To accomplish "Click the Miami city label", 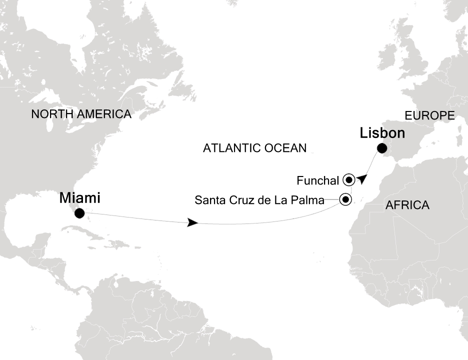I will pos(80,198).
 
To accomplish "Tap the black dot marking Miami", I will pos(79,214).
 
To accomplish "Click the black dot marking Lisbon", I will pos(382,148).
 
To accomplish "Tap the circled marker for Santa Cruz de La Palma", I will pos(345,200).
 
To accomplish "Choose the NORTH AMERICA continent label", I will pos(81,114).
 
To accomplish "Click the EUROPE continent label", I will pos(429,116).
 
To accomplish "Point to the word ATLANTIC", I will pos(231,147).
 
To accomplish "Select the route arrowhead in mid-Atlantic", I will pos(191,223).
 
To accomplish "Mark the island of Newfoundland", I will pos(187,90).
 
